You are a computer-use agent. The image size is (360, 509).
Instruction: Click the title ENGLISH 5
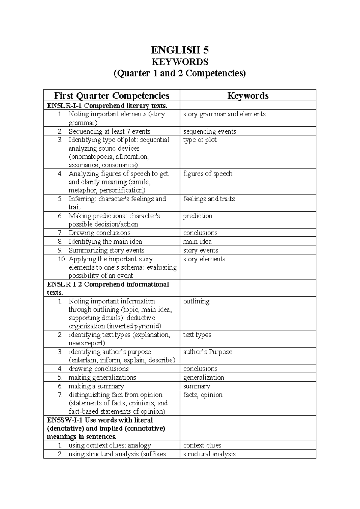[x=180, y=50]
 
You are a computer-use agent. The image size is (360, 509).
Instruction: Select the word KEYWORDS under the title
[x=180, y=62]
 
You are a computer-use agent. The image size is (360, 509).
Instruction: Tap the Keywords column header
[x=248, y=96]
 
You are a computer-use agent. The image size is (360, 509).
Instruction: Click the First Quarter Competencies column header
[x=112, y=96]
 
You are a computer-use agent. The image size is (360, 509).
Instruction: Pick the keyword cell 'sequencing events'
[x=209, y=131]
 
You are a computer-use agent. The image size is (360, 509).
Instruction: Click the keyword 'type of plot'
[x=200, y=140]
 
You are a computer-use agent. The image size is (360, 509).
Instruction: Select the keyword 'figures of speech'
[x=208, y=174]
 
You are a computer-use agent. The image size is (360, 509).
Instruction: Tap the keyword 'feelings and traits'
[x=209, y=199]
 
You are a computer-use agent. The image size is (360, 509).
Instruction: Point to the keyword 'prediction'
[x=198, y=216]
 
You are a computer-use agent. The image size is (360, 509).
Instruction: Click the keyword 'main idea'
[x=197, y=242]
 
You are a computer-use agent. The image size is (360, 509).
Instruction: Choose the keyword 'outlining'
[x=196, y=301]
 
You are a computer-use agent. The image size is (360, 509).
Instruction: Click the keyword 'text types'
[x=197, y=335]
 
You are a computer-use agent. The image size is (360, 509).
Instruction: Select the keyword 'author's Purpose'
[x=208, y=352]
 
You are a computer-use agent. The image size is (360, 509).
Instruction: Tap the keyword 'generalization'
[x=204, y=378]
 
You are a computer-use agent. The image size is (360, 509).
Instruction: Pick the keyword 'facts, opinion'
[x=203, y=395]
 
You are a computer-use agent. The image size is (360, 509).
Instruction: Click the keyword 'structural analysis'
[x=209, y=454]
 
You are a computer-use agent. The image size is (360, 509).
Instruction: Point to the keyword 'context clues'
[x=202, y=446]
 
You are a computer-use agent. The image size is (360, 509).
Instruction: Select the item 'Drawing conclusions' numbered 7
[x=99, y=233]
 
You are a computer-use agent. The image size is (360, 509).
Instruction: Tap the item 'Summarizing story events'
[x=106, y=251]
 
